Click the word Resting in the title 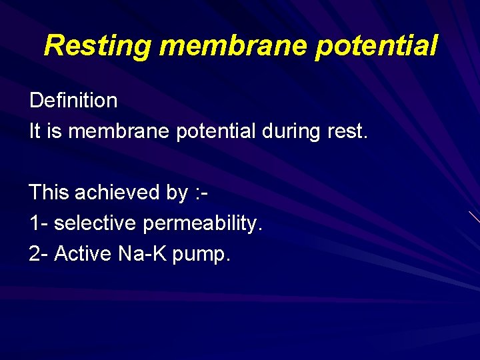(99, 46)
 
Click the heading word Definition (73, 101)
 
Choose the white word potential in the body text (216, 131)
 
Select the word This (49, 193)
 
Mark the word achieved (118, 193)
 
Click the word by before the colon (177, 193)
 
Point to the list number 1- (38, 224)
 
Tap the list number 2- (38, 254)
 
